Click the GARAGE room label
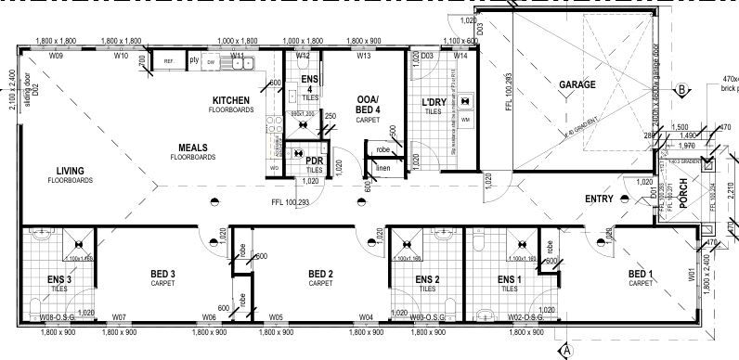(x=577, y=84)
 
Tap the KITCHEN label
(x=231, y=99)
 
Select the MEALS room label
(x=192, y=148)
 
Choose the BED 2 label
(x=320, y=274)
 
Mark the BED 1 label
(x=642, y=274)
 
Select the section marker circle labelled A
(x=566, y=350)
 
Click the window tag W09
(x=55, y=57)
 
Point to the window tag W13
(x=363, y=57)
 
